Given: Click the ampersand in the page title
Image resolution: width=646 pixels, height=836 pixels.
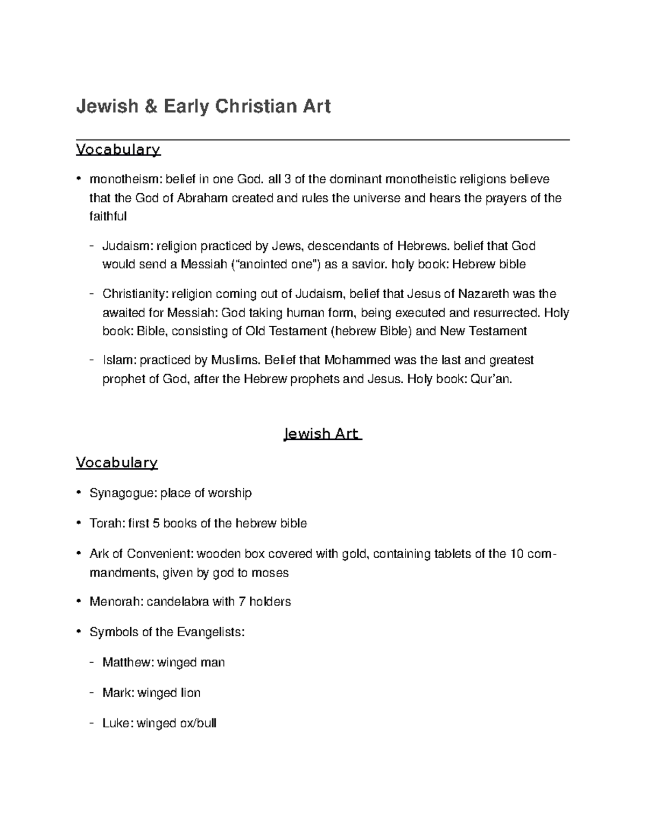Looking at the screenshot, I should coord(151,107).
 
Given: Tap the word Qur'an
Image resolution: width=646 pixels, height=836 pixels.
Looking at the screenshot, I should coord(491,379).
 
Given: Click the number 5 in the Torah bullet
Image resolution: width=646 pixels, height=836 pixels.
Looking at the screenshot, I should coord(156,523).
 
